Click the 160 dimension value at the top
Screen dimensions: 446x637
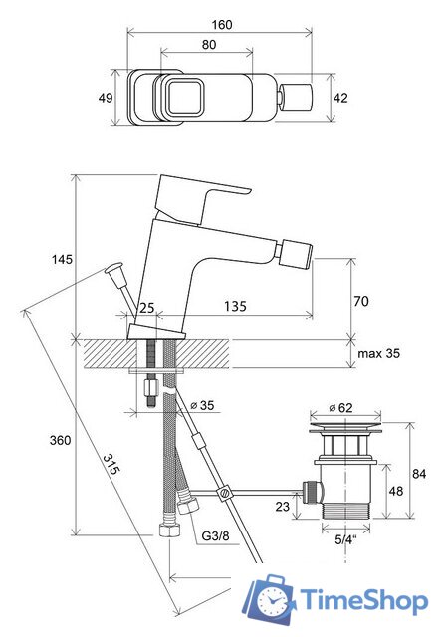(x=222, y=25)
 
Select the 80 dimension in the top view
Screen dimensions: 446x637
(x=209, y=44)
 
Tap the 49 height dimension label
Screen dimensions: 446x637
(x=106, y=98)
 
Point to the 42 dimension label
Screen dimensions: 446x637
(x=340, y=98)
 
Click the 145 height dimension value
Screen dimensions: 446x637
(x=62, y=259)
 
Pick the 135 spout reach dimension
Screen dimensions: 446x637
(x=235, y=306)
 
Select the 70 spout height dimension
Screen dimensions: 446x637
(x=361, y=301)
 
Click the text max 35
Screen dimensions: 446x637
(x=378, y=353)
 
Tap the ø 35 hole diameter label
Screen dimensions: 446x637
(x=202, y=405)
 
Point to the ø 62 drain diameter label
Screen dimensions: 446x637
(x=340, y=407)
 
